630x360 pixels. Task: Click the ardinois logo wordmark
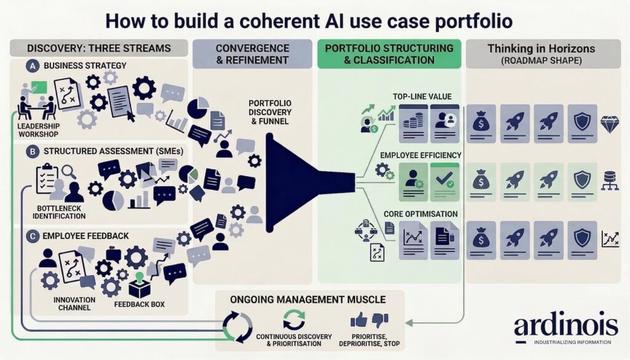[x=566, y=326]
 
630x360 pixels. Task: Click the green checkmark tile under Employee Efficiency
[x=444, y=178]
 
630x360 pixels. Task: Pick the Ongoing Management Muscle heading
[x=308, y=300]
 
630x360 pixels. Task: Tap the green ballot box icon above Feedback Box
[x=140, y=284]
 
